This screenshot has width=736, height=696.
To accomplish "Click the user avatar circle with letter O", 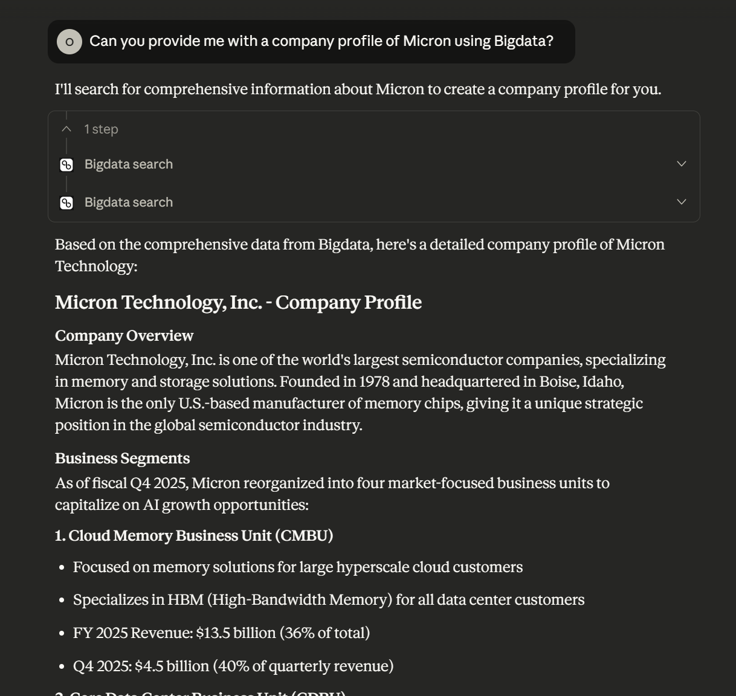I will pos(69,42).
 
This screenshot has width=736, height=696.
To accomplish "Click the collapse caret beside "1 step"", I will pos(66,129).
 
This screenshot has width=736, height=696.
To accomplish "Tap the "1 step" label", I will pos(102,129).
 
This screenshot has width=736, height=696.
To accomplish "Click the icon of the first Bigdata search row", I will pos(66,165).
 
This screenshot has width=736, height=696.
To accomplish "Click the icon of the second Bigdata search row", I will pos(66,203).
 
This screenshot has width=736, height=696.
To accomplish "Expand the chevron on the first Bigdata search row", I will pos(682,164).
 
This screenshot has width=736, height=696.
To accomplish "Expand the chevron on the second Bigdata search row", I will pos(682,202).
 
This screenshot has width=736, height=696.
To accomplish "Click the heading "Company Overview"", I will pos(124,336).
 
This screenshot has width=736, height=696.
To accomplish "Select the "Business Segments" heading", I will pos(122,459).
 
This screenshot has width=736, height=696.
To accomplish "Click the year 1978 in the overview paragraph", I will pos(374,382).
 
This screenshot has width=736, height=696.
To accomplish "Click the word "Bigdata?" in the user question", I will pos(523,41).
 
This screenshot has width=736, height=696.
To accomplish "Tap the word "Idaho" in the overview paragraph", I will pos(602,382).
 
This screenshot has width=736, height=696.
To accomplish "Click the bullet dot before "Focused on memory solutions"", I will pos(62,568).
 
